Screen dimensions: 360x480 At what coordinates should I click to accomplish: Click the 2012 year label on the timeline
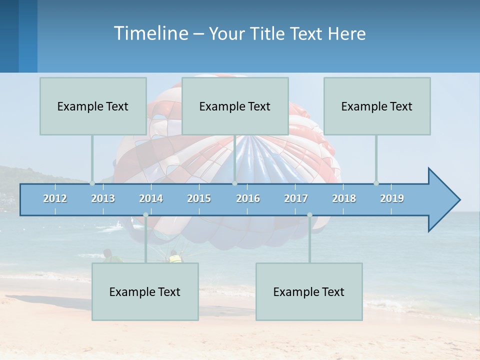pyautogui.click(x=55, y=198)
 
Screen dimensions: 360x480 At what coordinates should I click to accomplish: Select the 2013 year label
pyautogui.click(x=103, y=198)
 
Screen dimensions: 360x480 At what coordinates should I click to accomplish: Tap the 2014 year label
pyautogui.click(x=151, y=198)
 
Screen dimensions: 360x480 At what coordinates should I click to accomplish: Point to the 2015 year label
pyautogui.click(x=199, y=198)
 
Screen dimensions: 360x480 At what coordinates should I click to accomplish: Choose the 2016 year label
pyautogui.click(x=248, y=198)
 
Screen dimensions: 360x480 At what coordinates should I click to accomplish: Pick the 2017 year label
pyautogui.click(x=296, y=198)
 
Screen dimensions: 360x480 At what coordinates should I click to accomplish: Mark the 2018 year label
pyautogui.click(x=344, y=198)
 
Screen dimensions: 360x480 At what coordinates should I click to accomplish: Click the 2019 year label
pyautogui.click(x=392, y=198)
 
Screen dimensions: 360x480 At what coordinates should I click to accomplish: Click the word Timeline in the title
pyautogui.click(x=150, y=33)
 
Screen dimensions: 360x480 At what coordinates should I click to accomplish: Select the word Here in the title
pyautogui.click(x=346, y=34)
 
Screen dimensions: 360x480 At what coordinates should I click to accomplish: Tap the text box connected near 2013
pyautogui.click(x=93, y=106)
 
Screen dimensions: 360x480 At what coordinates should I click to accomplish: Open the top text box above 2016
pyautogui.click(x=235, y=106)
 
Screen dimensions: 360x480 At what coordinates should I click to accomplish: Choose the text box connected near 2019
pyautogui.click(x=377, y=106)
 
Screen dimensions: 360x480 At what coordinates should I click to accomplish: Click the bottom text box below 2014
pyautogui.click(x=145, y=291)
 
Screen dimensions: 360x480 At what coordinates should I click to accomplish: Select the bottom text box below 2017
pyautogui.click(x=309, y=291)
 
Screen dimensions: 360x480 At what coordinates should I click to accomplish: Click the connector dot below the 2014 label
pyautogui.click(x=145, y=215)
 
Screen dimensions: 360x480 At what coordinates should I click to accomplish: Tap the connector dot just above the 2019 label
pyautogui.click(x=376, y=183)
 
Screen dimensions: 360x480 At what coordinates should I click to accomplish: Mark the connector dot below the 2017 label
pyautogui.click(x=309, y=215)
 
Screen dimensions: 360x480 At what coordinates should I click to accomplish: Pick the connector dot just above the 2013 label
pyautogui.click(x=92, y=183)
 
